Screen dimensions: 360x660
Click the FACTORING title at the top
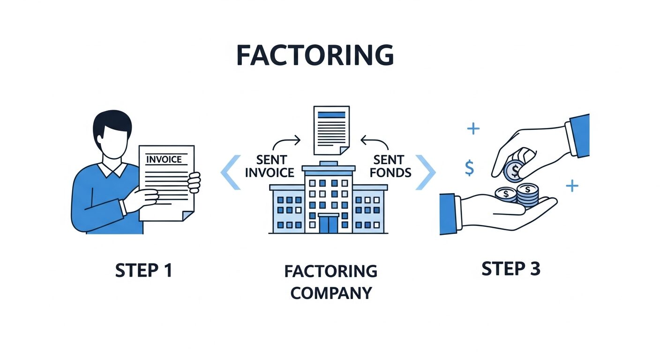point(315,56)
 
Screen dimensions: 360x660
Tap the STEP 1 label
point(143,270)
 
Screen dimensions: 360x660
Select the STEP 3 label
point(511,269)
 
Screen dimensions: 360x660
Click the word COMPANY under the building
point(331,293)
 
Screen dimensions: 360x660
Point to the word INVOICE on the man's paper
point(164,159)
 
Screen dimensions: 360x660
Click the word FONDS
point(390,172)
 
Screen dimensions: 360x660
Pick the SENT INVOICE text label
point(270,166)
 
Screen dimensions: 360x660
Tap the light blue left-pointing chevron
point(231,172)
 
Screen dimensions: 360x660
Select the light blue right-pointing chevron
point(426,172)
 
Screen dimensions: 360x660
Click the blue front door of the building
point(329,224)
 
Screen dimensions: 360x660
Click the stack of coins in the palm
point(527,195)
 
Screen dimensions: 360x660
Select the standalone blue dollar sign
point(469,167)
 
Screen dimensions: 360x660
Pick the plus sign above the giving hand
point(473,128)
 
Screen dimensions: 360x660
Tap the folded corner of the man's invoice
point(187,216)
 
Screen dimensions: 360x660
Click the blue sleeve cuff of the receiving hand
point(448,213)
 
